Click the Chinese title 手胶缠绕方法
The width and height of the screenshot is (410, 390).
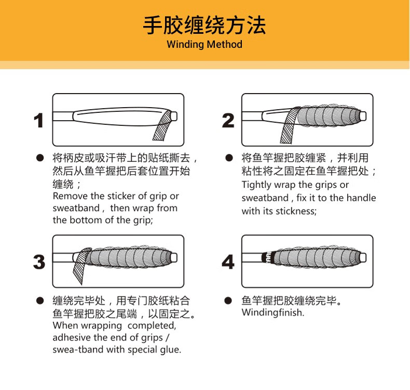coord(204,25)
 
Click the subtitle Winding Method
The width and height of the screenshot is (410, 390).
coord(204,44)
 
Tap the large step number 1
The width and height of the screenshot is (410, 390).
coord(38,121)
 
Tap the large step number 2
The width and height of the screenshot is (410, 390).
coord(228,121)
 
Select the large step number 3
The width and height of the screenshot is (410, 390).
coord(39,262)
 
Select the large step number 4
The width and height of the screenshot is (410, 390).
coord(228,262)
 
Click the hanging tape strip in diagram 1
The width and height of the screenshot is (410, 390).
coord(161,127)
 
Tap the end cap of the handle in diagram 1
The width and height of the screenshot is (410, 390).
coord(175,115)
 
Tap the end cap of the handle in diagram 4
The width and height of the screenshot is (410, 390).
coord(363,257)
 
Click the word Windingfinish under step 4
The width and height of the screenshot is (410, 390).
coord(272,313)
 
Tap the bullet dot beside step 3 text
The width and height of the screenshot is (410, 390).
coord(39,301)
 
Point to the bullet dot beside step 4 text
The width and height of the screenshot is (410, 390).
coord(228,301)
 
